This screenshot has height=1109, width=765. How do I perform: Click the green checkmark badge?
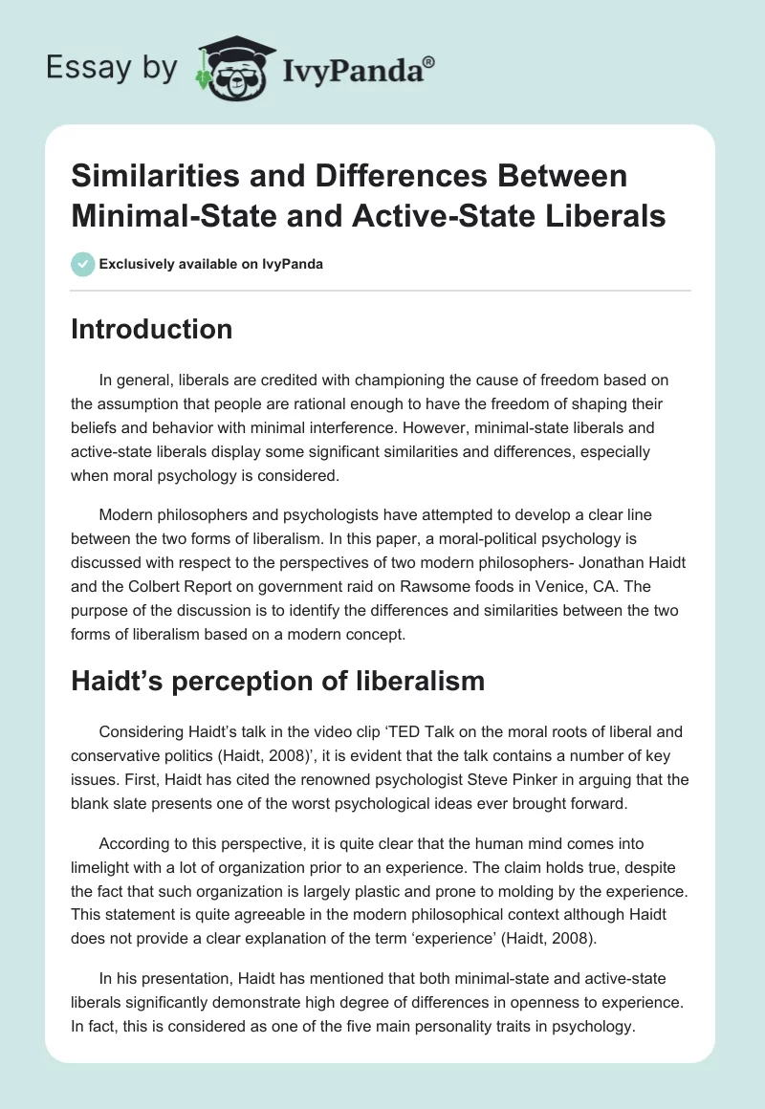[83, 264]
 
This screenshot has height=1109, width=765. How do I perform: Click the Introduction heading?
[152, 329]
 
